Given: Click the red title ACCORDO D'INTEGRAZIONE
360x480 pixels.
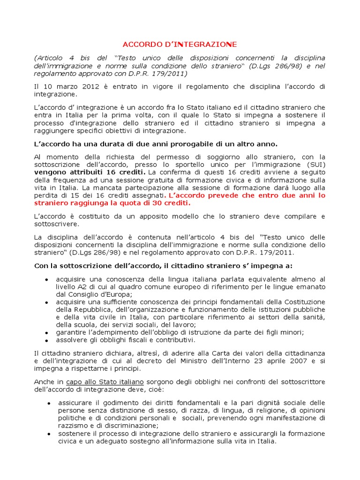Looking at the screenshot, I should pos(180,45).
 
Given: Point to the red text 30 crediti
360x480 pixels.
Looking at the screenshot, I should pos(170,203).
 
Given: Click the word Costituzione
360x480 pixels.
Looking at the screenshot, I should pos(303,302).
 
